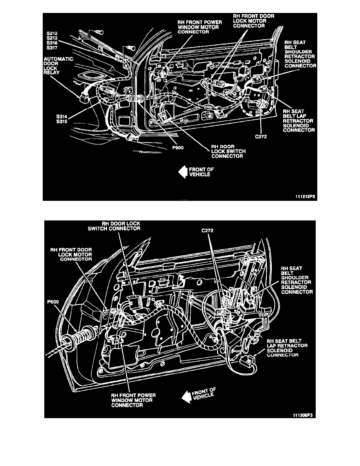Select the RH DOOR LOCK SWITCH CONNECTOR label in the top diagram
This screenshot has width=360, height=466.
click(x=227, y=151)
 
